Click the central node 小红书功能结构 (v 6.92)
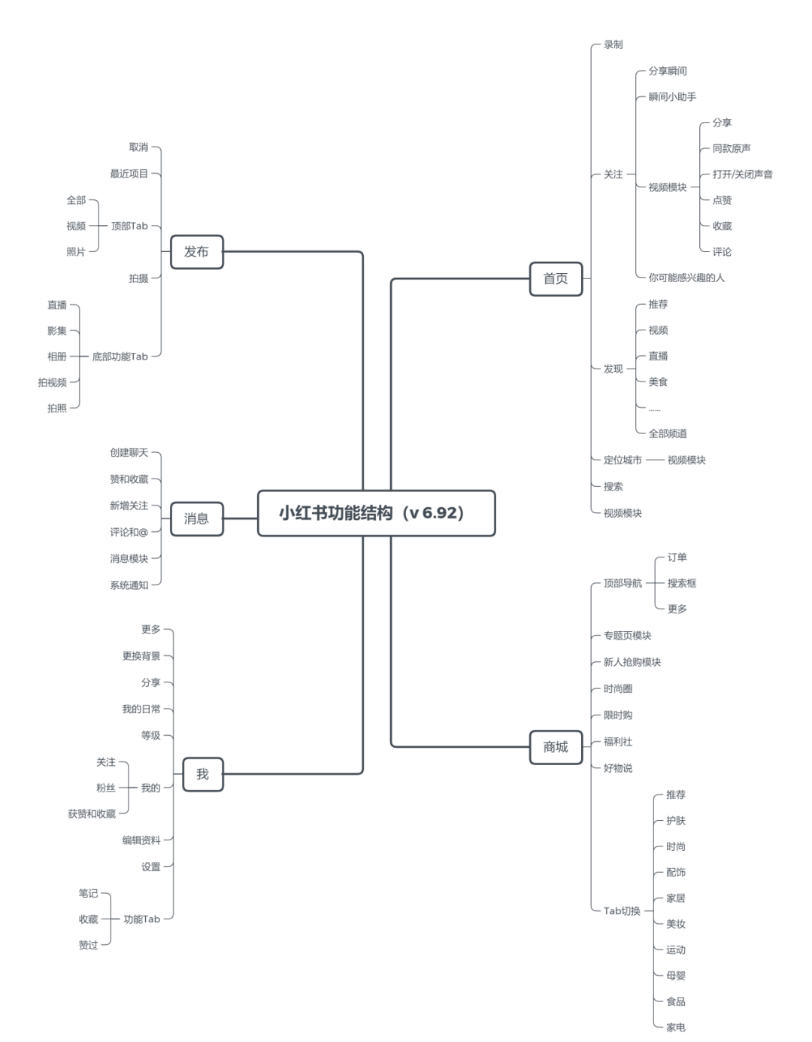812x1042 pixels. [x=376, y=513]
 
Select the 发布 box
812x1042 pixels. [x=196, y=252]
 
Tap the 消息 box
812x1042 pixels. [x=196, y=518]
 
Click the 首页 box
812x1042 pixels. [x=556, y=278]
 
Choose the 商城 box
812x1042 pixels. [x=556, y=747]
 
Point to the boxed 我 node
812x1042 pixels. [x=202, y=774]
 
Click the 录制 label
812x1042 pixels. [x=613, y=44]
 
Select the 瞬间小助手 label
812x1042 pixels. [x=672, y=96]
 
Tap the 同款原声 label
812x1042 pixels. [x=731, y=148]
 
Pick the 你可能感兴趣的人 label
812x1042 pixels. [x=686, y=278]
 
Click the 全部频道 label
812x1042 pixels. [x=668, y=433]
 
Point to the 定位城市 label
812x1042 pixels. [x=623, y=460]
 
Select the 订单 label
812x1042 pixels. [x=677, y=557]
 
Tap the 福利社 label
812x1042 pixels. [x=618, y=742]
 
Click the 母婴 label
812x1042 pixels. [x=675, y=976]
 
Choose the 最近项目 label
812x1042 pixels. [x=129, y=174]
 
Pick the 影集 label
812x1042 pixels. [x=57, y=331]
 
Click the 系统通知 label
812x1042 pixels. [x=129, y=585]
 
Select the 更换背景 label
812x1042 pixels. [x=141, y=656]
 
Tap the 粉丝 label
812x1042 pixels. [x=106, y=788]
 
